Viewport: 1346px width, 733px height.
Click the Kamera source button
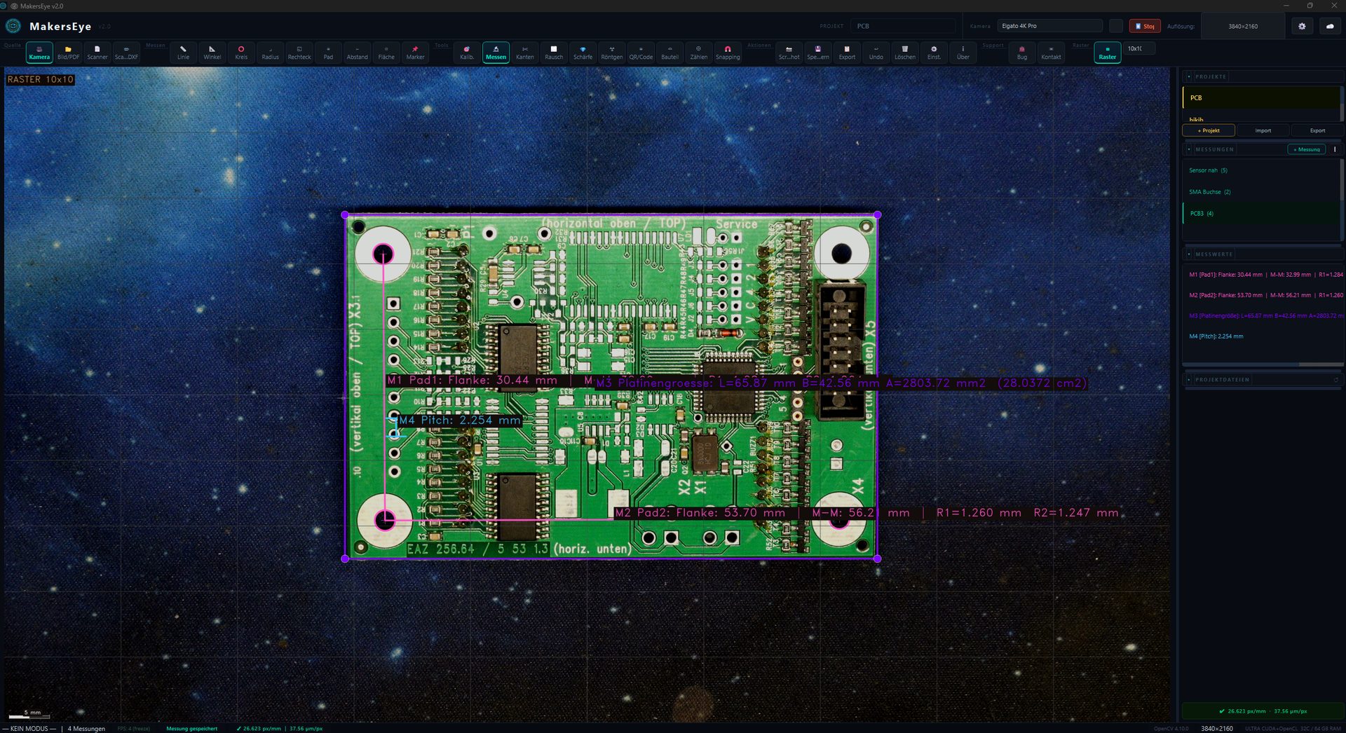pos(39,53)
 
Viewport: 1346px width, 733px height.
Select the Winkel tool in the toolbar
pos(212,53)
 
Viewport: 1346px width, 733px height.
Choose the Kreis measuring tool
pos(241,53)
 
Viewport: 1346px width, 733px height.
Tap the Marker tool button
pos(415,53)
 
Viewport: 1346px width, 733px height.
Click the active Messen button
pos(496,53)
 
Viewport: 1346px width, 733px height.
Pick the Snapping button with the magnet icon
pos(728,53)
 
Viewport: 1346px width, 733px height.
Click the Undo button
pos(876,53)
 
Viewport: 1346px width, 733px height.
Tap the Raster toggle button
pos(1107,53)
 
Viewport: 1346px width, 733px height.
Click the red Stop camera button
pos(1144,26)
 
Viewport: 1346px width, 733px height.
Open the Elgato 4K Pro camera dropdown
pos(1049,26)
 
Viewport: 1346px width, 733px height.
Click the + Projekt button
pos(1208,130)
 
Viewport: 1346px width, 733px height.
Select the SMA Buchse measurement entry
pos(1209,192)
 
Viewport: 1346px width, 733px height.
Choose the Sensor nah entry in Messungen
pos(1208,170)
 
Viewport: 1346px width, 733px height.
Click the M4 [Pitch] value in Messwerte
pos(1216,336)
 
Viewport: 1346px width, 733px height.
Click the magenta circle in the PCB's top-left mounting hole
pos(383,254)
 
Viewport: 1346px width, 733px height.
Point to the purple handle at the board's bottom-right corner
pos(878,559)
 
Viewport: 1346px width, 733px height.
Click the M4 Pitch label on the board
pos(459,420)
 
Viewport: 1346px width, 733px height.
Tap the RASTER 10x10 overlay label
pos(40,80)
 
